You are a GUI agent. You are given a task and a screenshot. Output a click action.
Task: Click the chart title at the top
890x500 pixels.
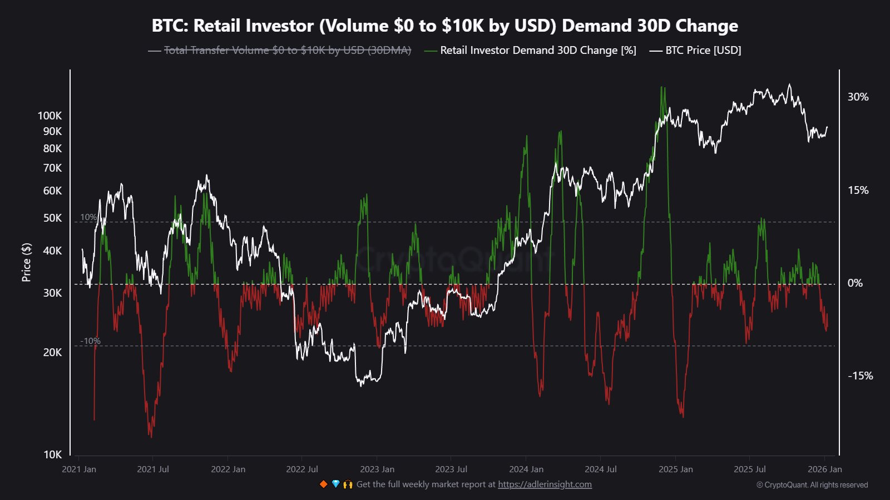click(x=444, y=26)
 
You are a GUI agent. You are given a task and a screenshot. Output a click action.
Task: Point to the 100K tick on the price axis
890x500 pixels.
click(x=50, y=116)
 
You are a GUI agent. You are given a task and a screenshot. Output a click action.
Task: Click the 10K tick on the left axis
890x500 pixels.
click(x=52, y=454)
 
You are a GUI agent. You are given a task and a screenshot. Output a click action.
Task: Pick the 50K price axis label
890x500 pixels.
click(x=52, y=218)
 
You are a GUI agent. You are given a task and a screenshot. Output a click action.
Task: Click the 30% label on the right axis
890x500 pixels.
click(x=857, y=97)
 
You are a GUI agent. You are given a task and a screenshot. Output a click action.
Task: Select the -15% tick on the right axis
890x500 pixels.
click(x=859, y=376)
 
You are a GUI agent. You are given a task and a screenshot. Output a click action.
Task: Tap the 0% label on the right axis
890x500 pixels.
click(x=855, y=283)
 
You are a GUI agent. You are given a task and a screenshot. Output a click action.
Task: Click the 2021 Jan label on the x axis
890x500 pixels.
click(x=79, y=469)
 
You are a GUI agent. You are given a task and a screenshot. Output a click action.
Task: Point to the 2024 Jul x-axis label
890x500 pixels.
click(x=601, y=469)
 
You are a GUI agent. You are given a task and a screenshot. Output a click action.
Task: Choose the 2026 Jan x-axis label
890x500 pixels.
click(x=824, y=469)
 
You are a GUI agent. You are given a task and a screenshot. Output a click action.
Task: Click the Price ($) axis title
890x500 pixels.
click(x=26, y=262)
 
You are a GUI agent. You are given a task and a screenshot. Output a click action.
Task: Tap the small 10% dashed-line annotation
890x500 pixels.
click(x=88, y=217)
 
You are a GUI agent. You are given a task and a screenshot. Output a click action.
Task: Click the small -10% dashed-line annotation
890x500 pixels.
click(x=90, y=341)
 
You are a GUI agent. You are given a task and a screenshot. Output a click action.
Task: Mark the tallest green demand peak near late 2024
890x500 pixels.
click(x=662, y=88)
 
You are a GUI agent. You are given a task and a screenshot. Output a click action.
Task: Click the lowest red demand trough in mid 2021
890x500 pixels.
click(x=151, y=436)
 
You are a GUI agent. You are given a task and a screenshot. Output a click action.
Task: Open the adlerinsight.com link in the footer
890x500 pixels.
click(x=545, y=484)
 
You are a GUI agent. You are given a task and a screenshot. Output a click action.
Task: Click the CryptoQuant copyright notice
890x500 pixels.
click(x=812, y=485)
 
